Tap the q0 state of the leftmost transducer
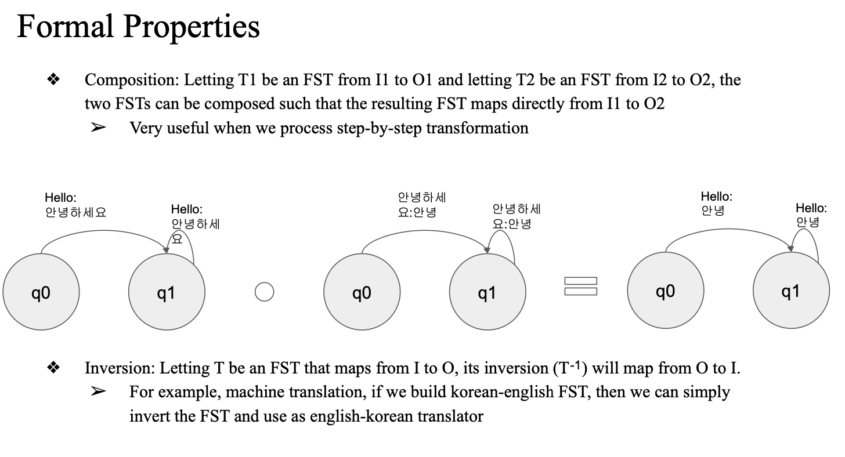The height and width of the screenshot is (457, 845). tap(41, 292)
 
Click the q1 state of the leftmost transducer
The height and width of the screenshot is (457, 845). tap(166, 292)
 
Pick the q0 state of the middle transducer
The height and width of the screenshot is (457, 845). tap(361, 292)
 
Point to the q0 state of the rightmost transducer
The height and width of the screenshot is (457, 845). tap(665, 291)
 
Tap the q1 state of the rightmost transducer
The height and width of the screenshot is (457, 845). tap(790, 291)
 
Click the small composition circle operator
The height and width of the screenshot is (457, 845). tap(264, 292)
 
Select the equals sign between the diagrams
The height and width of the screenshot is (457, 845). tap(580, 286)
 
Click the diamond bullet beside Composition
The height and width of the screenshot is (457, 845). tap(53, 79)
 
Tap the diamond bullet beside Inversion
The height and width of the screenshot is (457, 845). tap(53, 368)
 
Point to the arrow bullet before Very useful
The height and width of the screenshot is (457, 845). tap(98, 128)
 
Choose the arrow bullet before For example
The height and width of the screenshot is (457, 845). tap(98, 392)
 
